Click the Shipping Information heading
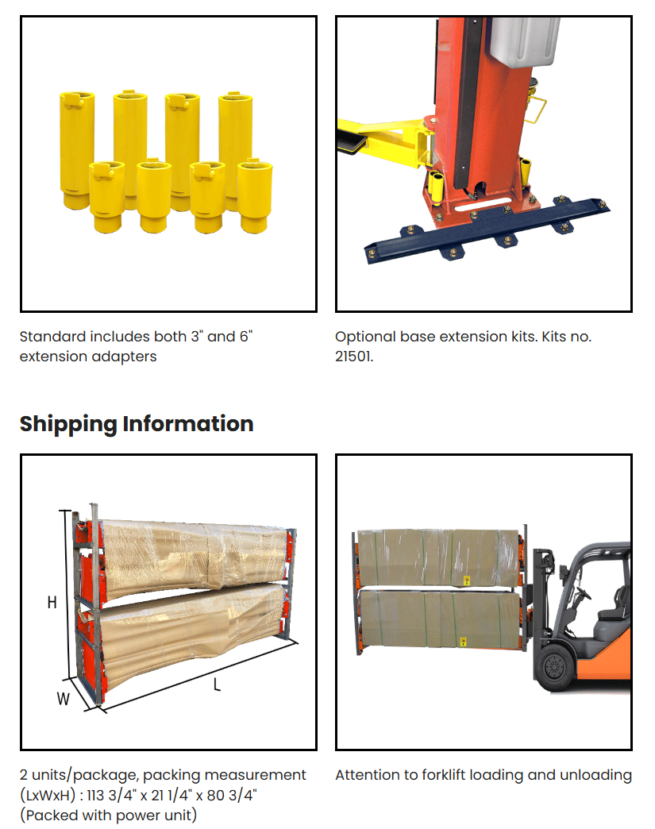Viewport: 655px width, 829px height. pos(137,423)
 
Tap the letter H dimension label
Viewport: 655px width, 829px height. pos(52,603)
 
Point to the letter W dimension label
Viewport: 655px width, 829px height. pos(63,699)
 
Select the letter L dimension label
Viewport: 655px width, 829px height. pos(217,684)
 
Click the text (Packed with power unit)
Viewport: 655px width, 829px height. pos(109,815)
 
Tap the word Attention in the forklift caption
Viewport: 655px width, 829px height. pos(368,775)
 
